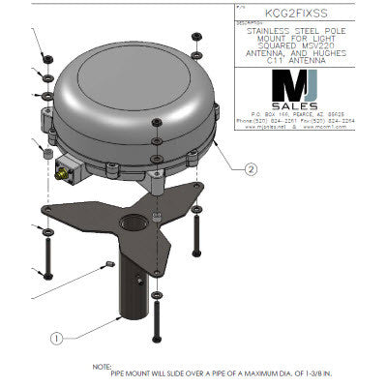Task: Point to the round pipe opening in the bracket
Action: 130,228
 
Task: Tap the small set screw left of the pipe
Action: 108,263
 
